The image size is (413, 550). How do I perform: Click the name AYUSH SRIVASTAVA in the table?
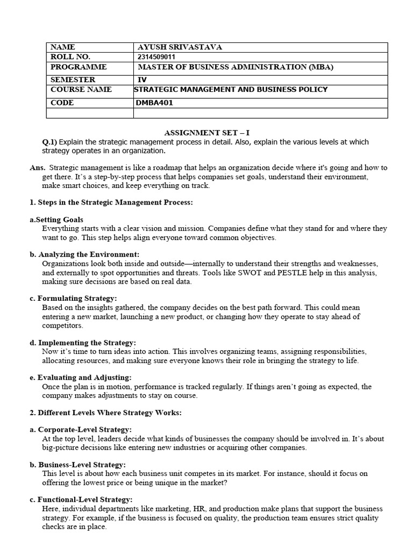pos(180,47)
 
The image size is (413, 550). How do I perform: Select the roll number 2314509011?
pos(156,57)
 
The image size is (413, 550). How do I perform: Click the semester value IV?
pos(142,79)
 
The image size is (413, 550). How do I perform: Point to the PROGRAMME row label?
pos(79,67)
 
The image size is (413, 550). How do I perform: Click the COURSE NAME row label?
pos(81,90)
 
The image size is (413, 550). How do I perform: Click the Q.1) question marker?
pos(49,142)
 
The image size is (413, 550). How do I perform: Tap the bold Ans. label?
pos(38,168)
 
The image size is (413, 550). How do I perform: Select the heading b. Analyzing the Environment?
pos(84,254)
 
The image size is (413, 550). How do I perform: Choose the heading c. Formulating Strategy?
pos(73,298)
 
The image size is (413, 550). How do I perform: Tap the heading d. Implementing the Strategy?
pos(83,342)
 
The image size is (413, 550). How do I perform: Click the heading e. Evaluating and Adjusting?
pos(81,378)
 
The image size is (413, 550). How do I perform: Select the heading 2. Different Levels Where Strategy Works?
pos(98,412)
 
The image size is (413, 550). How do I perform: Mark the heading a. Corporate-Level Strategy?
pos(81,430)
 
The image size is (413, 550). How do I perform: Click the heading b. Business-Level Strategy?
pos(78,465)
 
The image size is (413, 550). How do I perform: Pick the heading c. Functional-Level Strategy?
pos(81,500)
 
